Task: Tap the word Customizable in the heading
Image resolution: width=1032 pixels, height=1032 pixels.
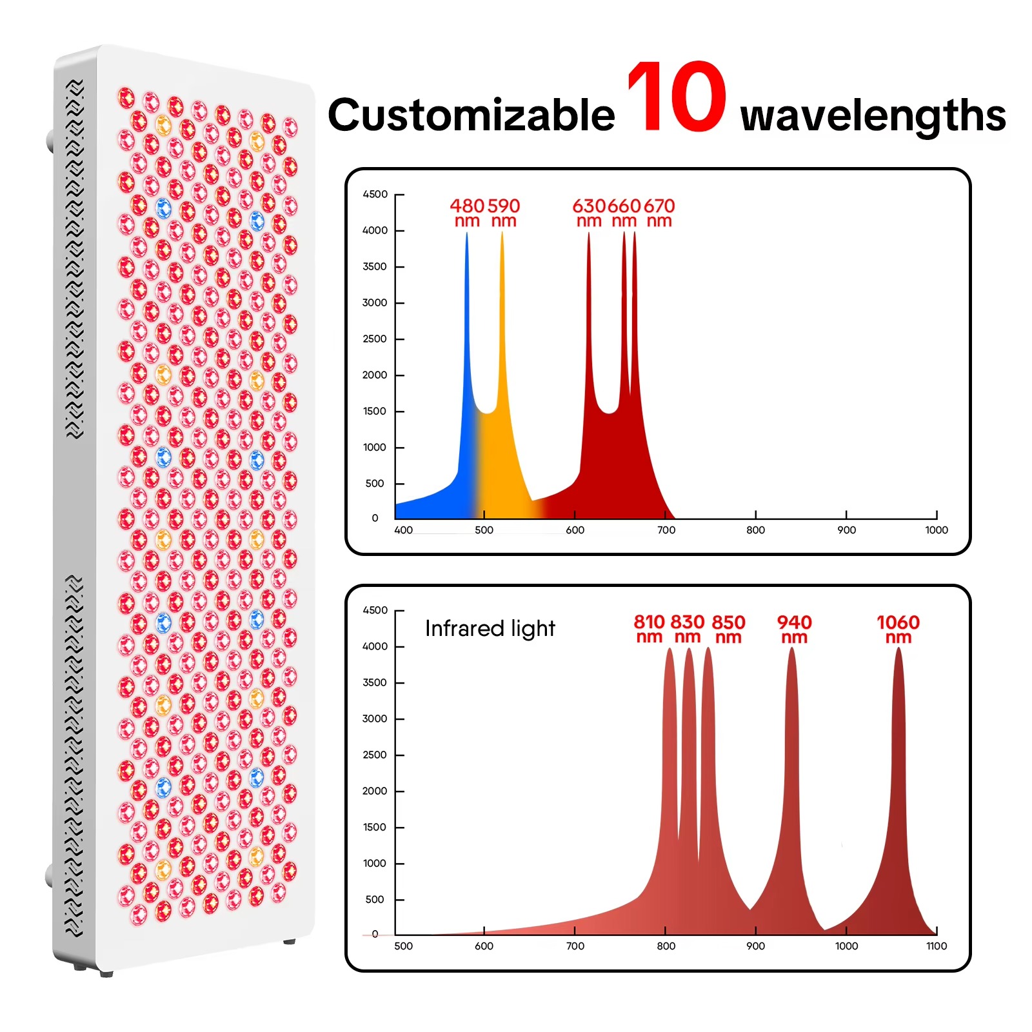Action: pos(471,115)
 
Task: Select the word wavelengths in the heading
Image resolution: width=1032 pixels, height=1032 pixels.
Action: pos(873,116)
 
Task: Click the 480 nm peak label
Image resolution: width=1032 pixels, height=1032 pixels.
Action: pos(467,213)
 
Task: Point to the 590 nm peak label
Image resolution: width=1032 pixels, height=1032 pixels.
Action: pos(504,213)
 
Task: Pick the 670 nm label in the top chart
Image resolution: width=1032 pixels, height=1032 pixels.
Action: pos(659,213)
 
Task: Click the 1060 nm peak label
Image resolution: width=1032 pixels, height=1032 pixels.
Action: pos(898,629)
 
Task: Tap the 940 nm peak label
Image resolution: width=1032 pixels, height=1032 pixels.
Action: pos(794,629)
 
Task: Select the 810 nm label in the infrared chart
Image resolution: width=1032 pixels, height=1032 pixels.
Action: pos(649,629)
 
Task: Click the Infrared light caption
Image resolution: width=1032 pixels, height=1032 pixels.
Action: pos(490,629)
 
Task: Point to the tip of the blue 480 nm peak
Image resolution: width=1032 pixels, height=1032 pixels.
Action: pos(467,233)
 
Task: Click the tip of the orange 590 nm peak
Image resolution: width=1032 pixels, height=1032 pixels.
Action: pos(502,232)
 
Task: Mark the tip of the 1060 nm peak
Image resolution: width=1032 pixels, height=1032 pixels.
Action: pos(898,648)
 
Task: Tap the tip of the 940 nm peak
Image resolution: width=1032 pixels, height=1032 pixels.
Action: pos(792,648)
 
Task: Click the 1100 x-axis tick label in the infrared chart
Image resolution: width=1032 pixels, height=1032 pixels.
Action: pos(937,946)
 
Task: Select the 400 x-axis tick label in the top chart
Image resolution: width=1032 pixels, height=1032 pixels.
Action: pos(404,530)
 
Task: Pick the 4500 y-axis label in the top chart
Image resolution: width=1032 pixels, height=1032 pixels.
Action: pos(375,194)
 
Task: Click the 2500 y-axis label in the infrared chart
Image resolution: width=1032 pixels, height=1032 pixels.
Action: pos(375,755)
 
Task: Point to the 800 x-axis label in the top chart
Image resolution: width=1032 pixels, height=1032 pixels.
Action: pos(755,530)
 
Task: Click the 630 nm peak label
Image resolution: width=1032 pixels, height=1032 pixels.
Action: pos(589,213)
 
